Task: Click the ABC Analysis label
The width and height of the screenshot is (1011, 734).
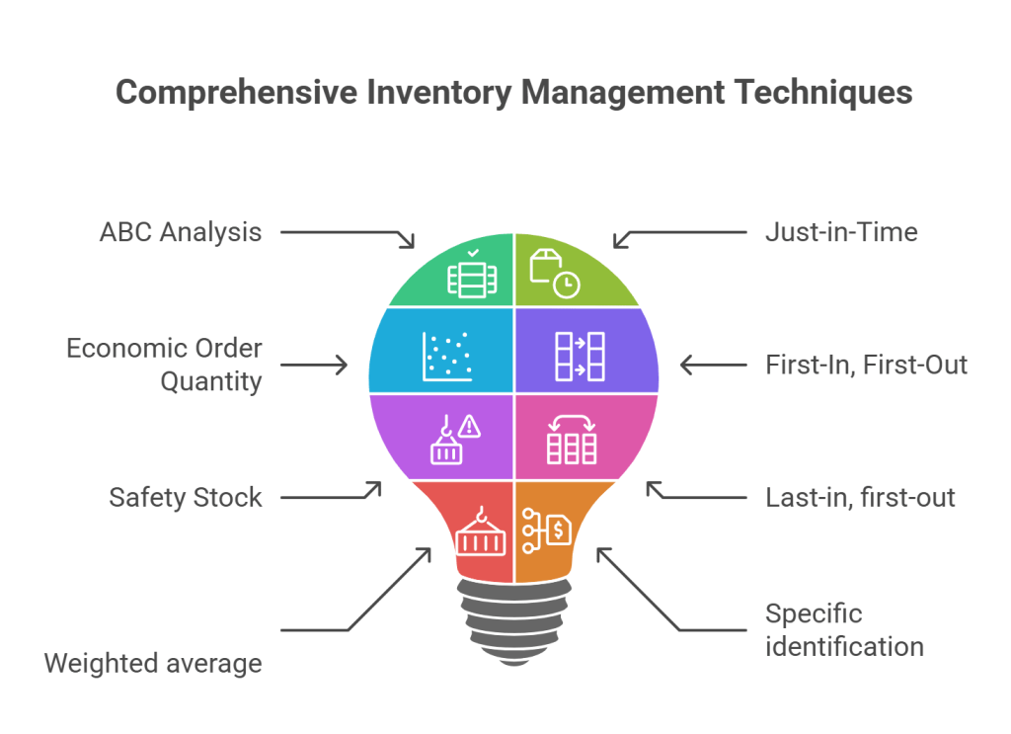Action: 181,232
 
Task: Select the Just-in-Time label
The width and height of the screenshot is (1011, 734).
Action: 841,232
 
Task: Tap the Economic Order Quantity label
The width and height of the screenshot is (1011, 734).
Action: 164,365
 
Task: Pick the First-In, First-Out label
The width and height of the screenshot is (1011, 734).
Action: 866,365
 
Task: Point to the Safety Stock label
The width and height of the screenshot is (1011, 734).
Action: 186,497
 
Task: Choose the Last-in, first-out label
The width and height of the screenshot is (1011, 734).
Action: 860,497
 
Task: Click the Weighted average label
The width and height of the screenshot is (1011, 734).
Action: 153,663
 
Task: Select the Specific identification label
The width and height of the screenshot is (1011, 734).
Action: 844,630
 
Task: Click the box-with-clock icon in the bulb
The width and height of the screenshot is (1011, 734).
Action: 554,273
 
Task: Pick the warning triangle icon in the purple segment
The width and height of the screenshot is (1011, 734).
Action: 470,427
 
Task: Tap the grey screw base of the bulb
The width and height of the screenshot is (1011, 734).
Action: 512,618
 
